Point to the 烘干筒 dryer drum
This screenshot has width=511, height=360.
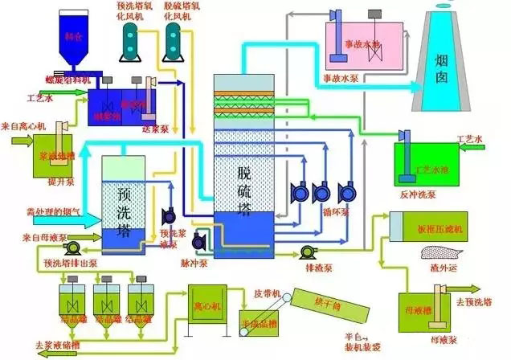331,306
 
